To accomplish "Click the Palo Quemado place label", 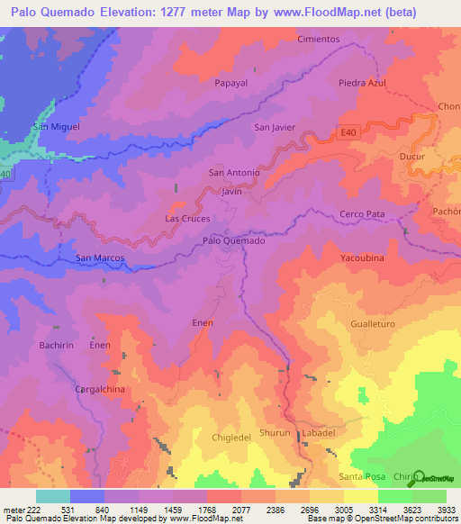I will pyautogui.click(x=233, y=240).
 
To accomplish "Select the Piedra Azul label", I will pyautogui.click(x=362, y=83).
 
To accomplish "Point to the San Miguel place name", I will pyautogui.click(x=56, y=126).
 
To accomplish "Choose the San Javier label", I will pyautogui.click(x=275, y=127).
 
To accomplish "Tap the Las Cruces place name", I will pyautogui.click(x=187, y=219).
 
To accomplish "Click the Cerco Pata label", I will pyautogui.click(x=362, y=214).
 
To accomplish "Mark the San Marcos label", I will pyautogui.click(x=99, y=257).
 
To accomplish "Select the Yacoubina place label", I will pyautogui.click(x=362, y=257).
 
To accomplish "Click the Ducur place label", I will pyautogui.click(x=411, y=156).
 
